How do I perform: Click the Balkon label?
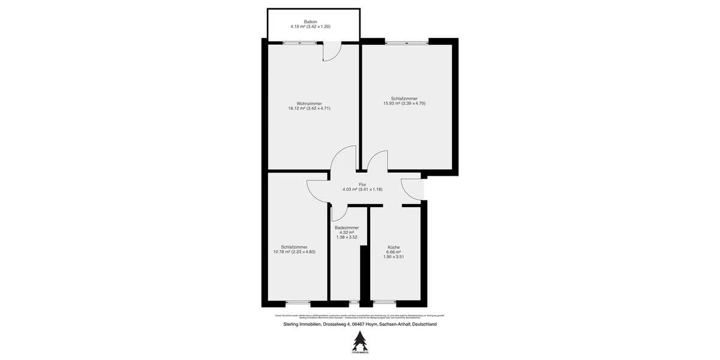coord(310,22)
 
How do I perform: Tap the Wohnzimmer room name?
coord(309,103)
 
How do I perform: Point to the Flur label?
coord(362,184)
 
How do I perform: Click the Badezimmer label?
coord(347,227)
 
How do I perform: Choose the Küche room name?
coord(394,247)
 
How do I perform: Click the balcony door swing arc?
coord(332,53)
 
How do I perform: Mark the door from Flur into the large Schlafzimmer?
coord(377,162)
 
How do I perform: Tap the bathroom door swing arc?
coord(340,211)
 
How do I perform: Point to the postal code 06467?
coord(359,325)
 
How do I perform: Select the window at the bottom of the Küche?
coord(388,302)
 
